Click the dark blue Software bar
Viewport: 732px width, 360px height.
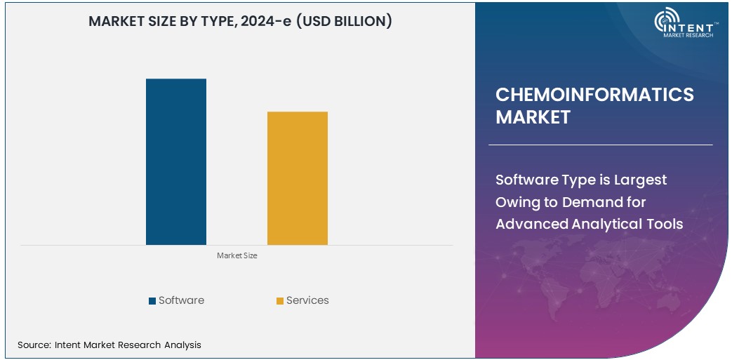pyautogui.click(x=176, y=161)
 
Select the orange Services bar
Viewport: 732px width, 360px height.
pyautogui.click(x=298, y=178)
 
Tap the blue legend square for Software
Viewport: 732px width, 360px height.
pyautogui.click(x=152, y=301)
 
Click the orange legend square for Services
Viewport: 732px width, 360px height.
pyautogui.click(x=280, y=301)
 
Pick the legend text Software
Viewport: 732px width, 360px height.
pyautogui.click(x=181, y=300)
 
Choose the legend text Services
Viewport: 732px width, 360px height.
pyautogui.click(x=307, y=300)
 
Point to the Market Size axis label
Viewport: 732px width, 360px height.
pyautogui.click(x=237, y=256)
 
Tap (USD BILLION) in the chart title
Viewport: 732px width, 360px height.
pyautogui.click(x=343, y=22)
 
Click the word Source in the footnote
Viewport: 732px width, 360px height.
pyautogui.click(x=34, y=345)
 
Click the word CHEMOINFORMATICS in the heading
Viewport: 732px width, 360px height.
pyautogui.click(x=594, y=95)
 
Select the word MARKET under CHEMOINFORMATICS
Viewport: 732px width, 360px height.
pyautogui.click(x=533, y=117)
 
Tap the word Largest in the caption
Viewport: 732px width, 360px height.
pyautogui.click(x=640, y=180)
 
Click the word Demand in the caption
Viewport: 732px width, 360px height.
pyautogui.click(x=591, y=202)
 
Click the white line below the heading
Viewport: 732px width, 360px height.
pyautogui.click(x=600, y=145)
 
